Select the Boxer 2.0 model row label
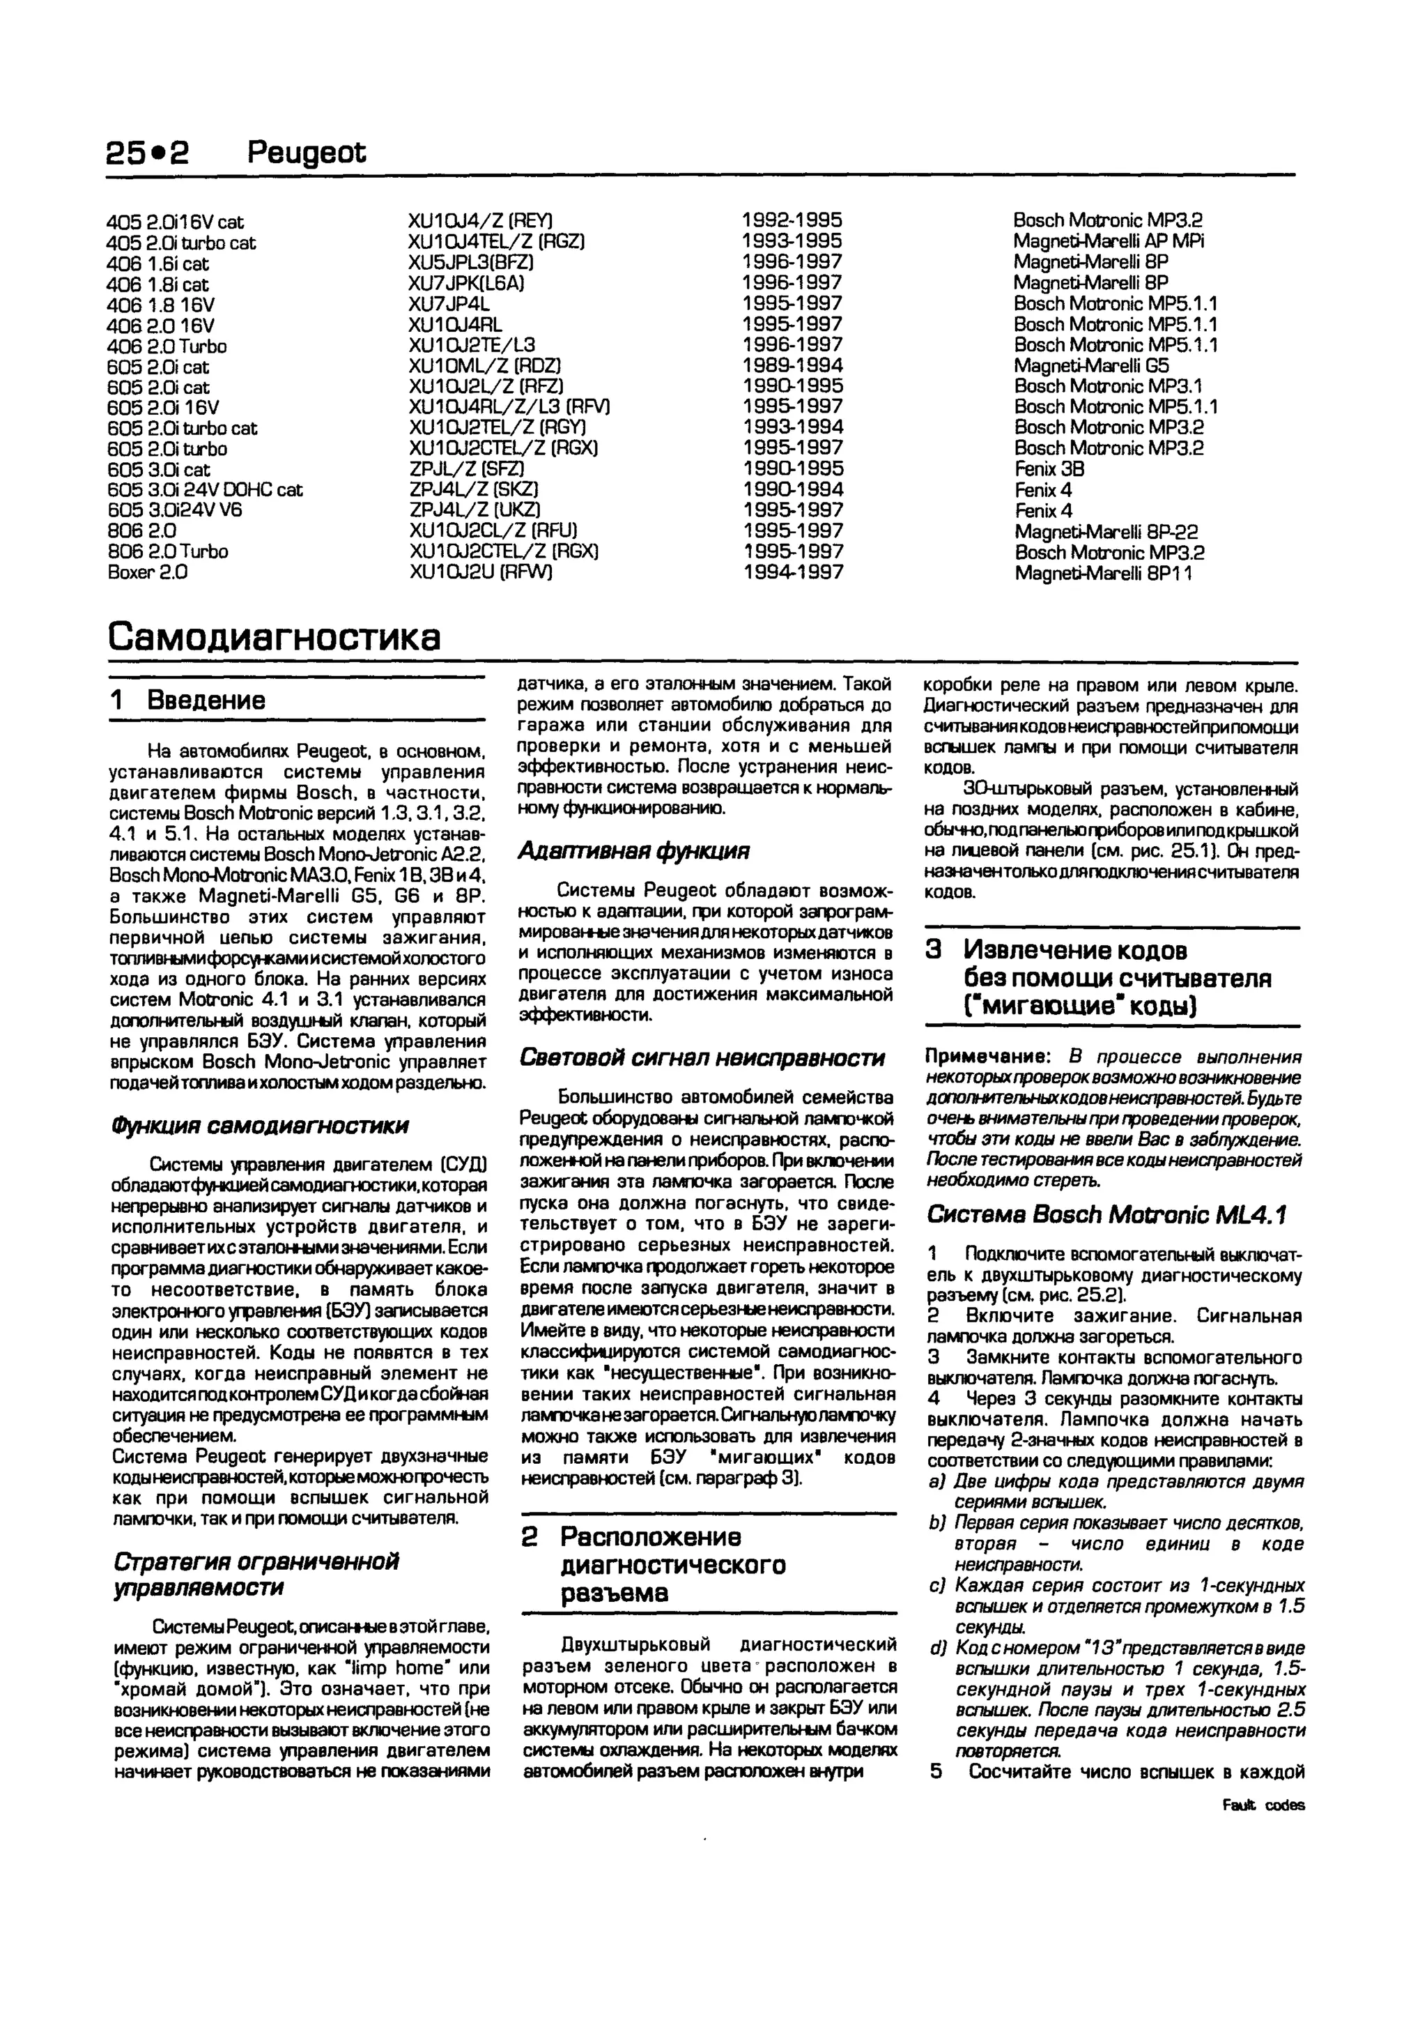(148, 572)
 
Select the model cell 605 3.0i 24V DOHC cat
(205, 489)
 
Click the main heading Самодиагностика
(274, 637)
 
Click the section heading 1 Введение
(188, 701)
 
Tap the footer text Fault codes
(1263, 1805)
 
